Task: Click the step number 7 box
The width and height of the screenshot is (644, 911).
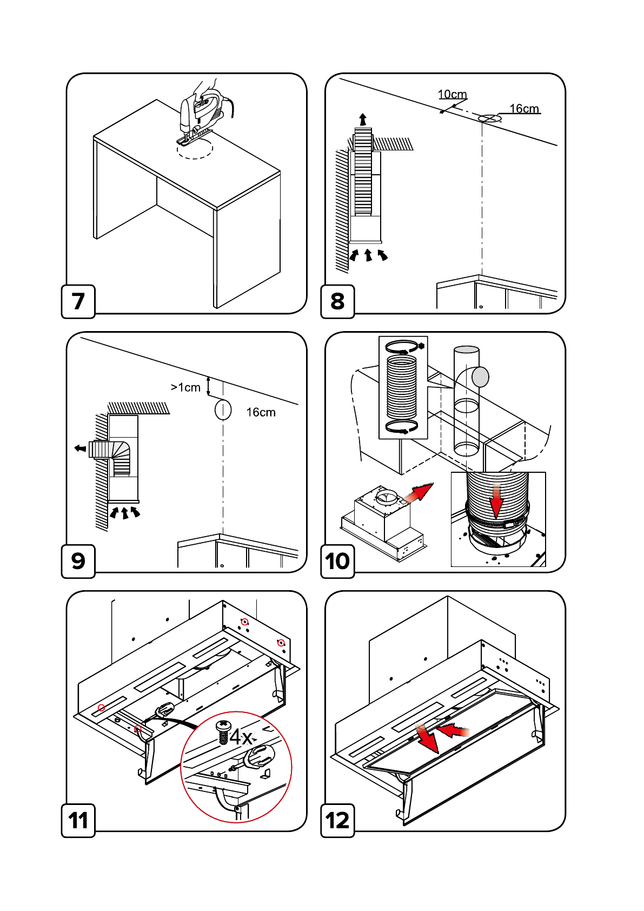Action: click(78, 301)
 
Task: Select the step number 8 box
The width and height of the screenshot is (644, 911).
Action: click(337, 301)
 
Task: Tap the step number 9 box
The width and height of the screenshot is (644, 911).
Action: click(78, 561)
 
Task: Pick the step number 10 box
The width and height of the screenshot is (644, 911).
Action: click(337, 561)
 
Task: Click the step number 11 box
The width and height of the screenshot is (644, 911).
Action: click(78, 821)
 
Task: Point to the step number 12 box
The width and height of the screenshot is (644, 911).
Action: click(337, 821)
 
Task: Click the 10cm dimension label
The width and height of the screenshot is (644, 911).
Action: click(452, 95)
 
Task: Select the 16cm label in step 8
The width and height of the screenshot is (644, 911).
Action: click(524, 109)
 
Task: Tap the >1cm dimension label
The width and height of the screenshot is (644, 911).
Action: click(185, 387)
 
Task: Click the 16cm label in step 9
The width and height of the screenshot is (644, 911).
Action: click(261, 412)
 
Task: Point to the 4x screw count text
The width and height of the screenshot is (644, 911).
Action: click(241, 737)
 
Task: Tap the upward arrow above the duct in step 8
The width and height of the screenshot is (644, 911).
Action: click(363, 120)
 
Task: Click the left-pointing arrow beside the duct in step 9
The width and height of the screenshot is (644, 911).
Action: click(80, 448)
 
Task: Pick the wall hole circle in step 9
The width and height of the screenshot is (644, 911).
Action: click(223, 410)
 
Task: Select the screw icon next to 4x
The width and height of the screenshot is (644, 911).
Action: click(223, 731)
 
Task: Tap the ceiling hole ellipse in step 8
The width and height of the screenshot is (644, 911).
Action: click(489, 118)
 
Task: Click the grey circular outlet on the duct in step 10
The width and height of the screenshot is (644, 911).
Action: click(480, 377)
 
